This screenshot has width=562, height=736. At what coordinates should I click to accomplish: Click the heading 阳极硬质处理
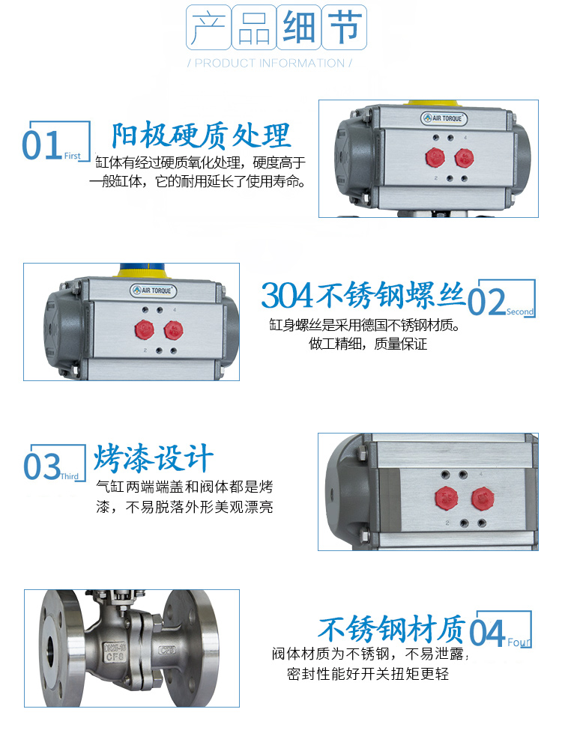(x=200, y=136)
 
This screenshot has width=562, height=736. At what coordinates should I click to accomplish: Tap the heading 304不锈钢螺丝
(x=363, y=295)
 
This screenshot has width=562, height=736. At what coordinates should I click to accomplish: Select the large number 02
(x=487, y=301)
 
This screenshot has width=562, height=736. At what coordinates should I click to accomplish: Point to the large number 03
(x=42, y=466)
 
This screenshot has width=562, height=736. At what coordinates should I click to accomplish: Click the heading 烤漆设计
(x=154, y=457)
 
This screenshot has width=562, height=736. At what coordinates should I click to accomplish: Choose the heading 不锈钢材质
(x=392, y=627)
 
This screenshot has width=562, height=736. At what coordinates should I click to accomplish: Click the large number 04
(x=488, y=633)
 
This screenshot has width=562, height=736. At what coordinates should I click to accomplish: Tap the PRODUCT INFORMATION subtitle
(x=270, y=63)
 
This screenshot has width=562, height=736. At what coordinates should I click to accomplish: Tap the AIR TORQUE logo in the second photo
(x=154, y=289)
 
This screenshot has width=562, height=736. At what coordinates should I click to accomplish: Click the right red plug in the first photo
(x=464, y=157)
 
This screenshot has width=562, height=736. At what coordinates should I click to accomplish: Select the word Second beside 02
(x=520, y=311)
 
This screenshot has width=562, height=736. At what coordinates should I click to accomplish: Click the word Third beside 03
(x=70, y=476)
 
